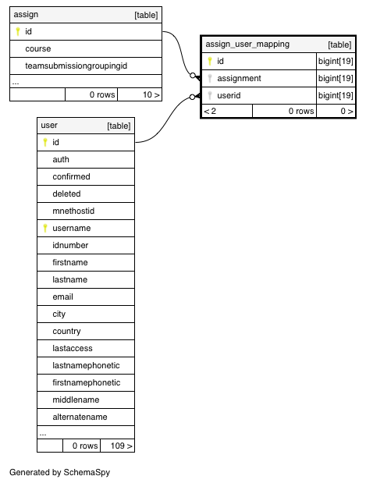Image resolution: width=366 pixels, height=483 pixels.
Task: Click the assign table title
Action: pos(26,15)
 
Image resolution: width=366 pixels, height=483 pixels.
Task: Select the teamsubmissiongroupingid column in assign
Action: pos(76,66)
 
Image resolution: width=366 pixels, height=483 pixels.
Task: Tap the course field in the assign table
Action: pos(38,48)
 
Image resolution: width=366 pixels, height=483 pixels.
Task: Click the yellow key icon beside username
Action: pos(45,228)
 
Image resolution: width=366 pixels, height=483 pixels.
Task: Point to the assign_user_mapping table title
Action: pos(247,44)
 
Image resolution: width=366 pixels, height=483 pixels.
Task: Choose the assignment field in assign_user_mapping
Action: pos(239,78)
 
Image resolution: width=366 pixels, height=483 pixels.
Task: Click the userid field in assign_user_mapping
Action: pos(229,95)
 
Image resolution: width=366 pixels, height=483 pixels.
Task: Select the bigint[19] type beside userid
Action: pos(336,95)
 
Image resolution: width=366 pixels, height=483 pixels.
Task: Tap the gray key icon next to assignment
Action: pos(210,78)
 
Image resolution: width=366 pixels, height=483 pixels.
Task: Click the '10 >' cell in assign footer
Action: pos(140,94)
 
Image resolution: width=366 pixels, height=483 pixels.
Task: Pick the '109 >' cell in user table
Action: pos(117,446)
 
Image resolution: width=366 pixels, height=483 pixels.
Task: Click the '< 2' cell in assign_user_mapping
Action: pos(227,111)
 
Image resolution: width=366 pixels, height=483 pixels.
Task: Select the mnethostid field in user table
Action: pos(73,211)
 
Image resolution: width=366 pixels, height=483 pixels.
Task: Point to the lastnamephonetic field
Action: pos(86,366)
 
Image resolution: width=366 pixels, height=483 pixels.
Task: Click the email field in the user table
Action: pos(62,297)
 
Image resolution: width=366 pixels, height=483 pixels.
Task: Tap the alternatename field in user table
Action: pos(80,417)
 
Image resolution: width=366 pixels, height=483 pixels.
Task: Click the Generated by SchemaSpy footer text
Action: pos(59,472)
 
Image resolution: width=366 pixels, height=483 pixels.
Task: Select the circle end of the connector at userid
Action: pos(192,97)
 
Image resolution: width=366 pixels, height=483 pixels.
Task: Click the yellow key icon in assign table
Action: pos(18,31)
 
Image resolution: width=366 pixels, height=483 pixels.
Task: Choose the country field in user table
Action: pos(66,332)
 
